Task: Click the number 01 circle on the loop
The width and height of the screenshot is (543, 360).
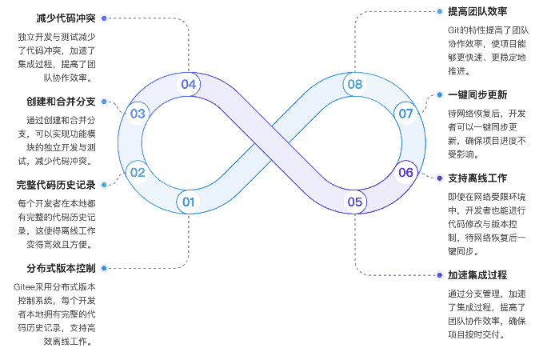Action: tap(189, 202)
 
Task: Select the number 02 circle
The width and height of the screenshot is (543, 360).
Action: tap(138, 172)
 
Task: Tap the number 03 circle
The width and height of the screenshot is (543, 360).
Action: tap(138, 114)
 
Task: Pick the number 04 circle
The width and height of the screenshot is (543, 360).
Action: tap(189, 84)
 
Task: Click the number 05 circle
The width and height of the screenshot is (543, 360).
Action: tap(354, 202)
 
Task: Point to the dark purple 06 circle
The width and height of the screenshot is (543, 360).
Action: tap(405, 172)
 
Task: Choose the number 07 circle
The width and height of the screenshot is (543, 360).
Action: tap(405, 114)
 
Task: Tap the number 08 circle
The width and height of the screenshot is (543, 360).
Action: tap(354, 84)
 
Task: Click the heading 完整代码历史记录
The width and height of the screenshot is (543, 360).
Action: tap(55, 185)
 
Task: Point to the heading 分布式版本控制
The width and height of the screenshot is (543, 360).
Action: tap(60, 268)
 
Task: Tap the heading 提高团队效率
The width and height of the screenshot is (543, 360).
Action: tap(477, 11)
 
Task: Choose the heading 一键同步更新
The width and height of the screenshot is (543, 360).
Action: tap(477, 94)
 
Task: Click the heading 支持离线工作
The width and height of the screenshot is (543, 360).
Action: tap(477, 178)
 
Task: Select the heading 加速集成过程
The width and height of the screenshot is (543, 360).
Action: tap(477, 275)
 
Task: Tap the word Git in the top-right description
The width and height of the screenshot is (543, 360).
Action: tap(455, 30)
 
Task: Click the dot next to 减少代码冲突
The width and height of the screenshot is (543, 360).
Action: tap(104, 17)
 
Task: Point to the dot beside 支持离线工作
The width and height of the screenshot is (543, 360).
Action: tap(439, 178)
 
